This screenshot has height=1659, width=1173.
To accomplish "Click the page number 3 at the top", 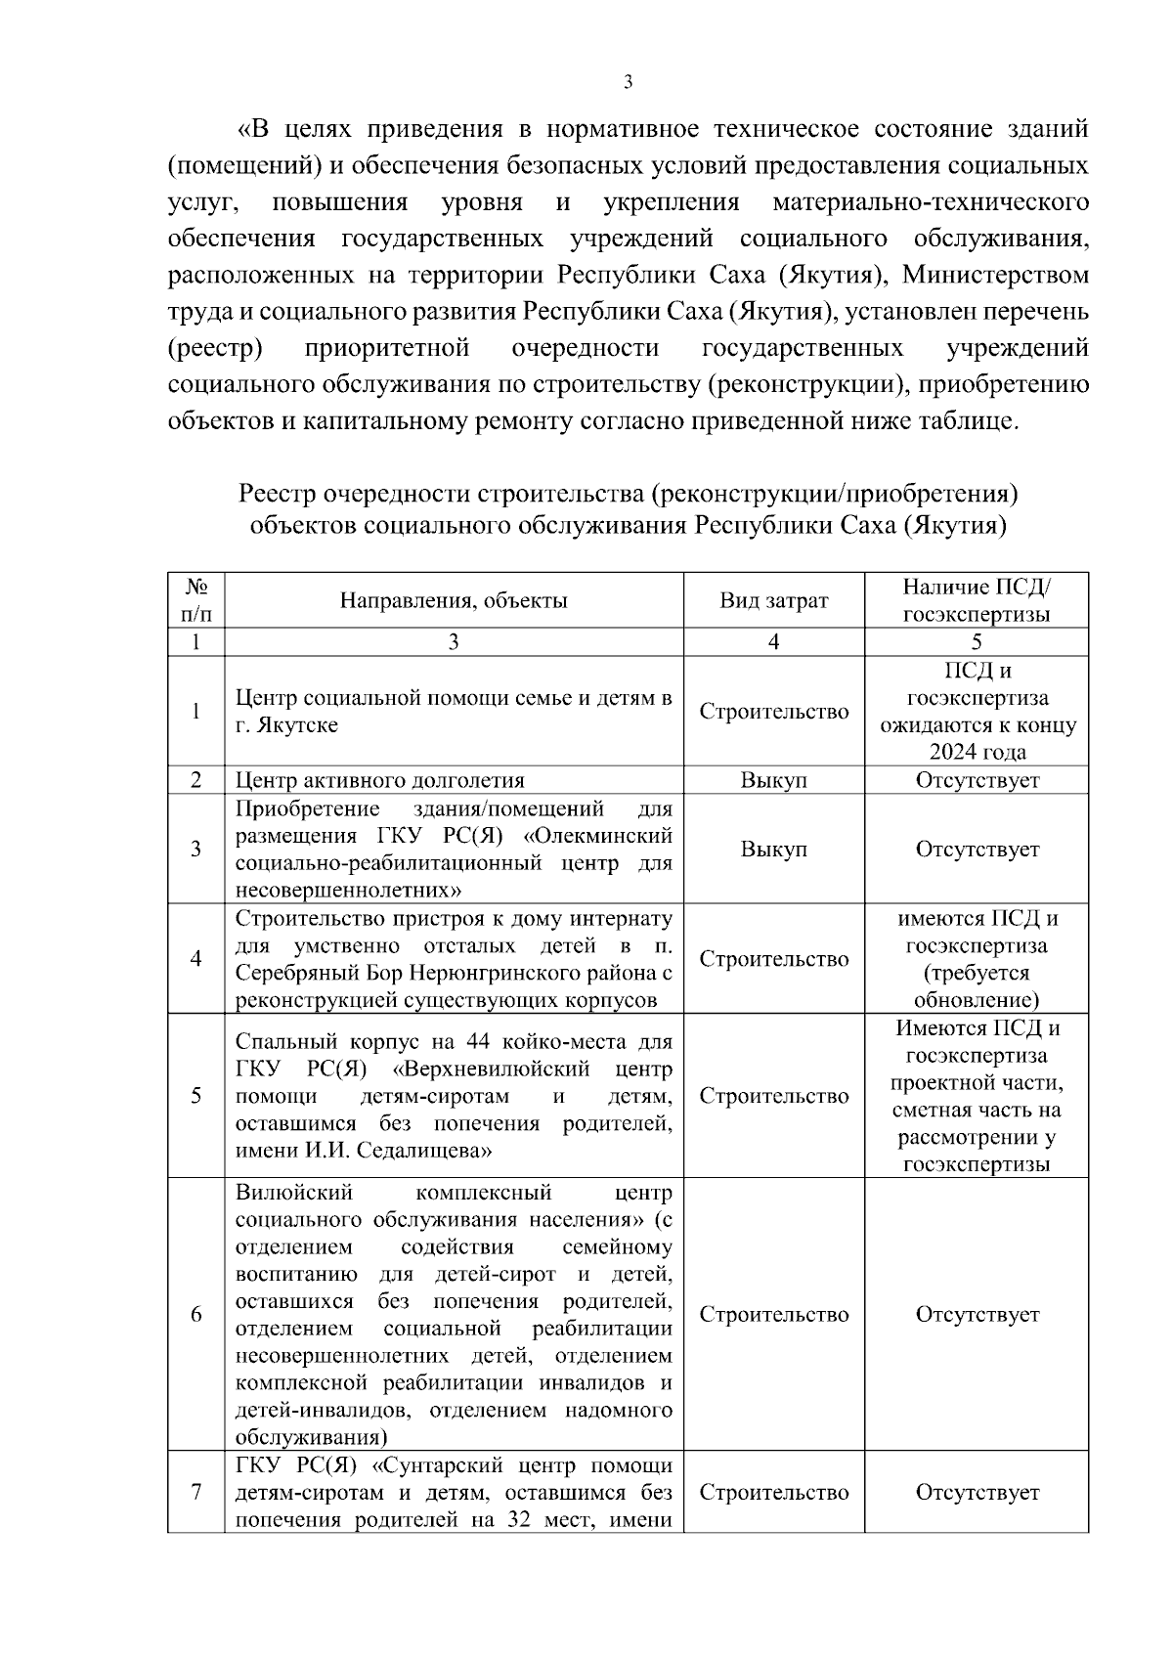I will coord(628,83).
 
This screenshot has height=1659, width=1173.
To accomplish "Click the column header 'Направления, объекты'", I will coord(454,600).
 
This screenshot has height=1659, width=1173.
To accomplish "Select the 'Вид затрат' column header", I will coord(773,600).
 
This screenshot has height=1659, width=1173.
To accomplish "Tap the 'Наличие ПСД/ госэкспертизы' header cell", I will coord(977,600).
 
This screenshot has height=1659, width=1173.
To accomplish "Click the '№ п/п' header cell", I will coord(195,600).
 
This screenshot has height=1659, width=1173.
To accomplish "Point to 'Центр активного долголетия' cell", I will coord(380,780).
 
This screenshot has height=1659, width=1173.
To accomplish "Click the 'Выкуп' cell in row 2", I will coord(773,780).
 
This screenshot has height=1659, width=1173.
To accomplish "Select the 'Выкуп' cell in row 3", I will coord(773,849).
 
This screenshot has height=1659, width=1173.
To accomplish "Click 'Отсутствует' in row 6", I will coord(977,1314).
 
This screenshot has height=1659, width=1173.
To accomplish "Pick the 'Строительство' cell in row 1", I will coord(773,711).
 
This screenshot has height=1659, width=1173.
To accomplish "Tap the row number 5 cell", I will coord(195,1095).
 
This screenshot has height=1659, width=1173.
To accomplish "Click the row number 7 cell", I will coord(195,1492).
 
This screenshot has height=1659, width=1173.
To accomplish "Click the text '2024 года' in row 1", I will coord(977,752).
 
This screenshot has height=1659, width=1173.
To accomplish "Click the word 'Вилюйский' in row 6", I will coord(293,1193).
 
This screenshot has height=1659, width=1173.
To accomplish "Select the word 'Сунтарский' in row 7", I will coord(450,1464).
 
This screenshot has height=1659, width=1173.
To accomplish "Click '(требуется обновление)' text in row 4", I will coord(977,986).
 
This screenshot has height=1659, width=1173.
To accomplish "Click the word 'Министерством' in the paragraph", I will coord(995,275).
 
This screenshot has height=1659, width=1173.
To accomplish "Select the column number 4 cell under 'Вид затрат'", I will coord(773,642).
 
